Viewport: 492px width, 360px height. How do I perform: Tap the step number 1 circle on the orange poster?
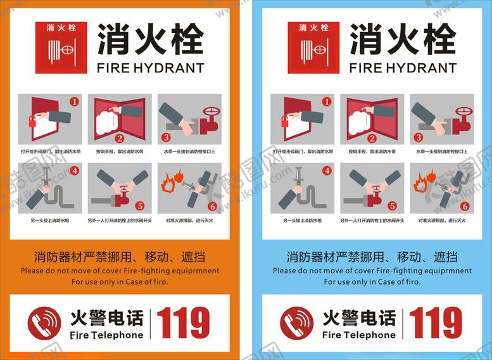click(75, 101)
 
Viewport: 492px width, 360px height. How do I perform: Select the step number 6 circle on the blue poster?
click(464, 206)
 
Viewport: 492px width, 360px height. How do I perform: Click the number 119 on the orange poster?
click(184, 323)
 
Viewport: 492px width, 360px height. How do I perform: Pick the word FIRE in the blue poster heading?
click(364, 68)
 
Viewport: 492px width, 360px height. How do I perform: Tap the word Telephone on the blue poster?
click(370, 335)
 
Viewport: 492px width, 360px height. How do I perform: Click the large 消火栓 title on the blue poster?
click(403, 39)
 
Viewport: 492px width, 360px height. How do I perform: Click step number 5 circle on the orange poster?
click(140, 206)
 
